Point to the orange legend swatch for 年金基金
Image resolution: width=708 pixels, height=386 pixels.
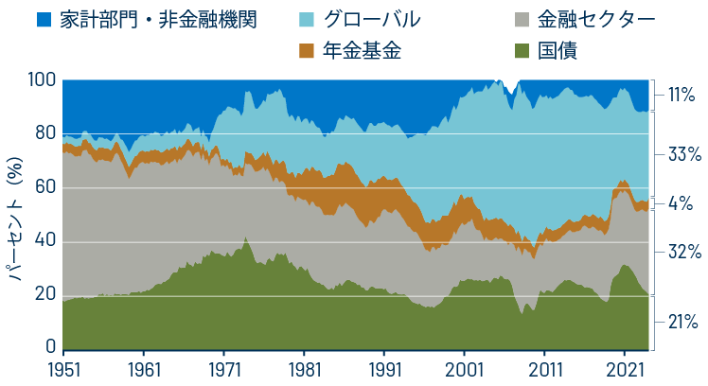(x=306, y=50)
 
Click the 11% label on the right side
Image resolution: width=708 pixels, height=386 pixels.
(x=682, y=95)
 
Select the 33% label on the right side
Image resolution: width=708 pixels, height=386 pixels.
(x=682, y=153)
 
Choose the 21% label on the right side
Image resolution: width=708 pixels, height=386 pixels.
(x=682, y=322)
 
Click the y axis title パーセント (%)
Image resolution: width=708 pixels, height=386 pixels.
(x=16, y=216)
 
